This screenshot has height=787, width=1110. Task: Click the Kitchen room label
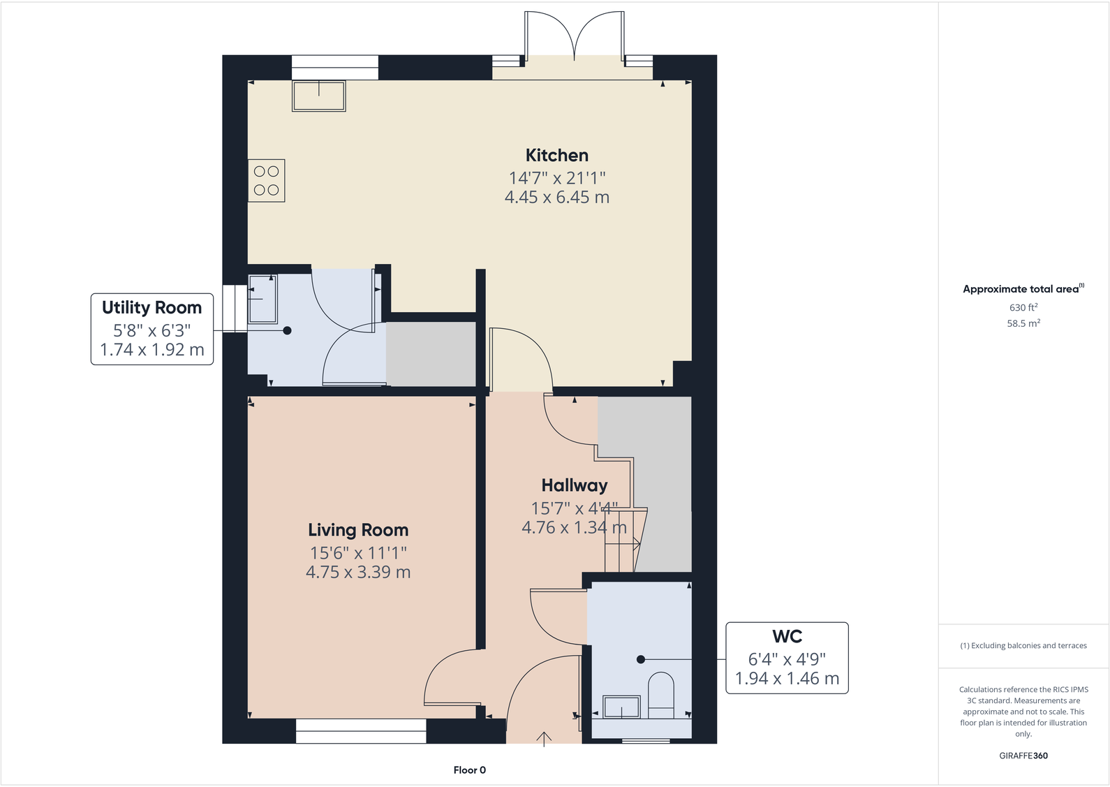click(x=556, y=155)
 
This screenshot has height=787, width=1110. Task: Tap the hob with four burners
click(x=266, y=180)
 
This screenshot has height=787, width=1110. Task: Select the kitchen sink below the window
click(x=319, y=96)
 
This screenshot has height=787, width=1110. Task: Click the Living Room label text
click(x=358, y=530)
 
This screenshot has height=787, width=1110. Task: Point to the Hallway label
click(x=574, y=485)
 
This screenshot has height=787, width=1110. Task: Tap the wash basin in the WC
click(x=621, y=707)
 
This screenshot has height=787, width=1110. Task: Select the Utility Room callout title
click(x=151, y=307)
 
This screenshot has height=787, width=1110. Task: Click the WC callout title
click(x=787, y=636)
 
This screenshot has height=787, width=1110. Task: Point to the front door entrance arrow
click(x=544, y=738)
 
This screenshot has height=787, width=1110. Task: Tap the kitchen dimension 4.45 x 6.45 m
click(x=556, y=198)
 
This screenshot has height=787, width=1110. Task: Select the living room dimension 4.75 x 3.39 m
click(x=358, y=573)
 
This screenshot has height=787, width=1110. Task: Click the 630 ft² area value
click(x=1023, y=307)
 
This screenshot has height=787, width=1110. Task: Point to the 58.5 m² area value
click(x=1023, y=323)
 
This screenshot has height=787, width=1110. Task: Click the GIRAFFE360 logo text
click(x=1023, y=756)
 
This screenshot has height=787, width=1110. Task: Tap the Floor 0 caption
click(x=469, y=770)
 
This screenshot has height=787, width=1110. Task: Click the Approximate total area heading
click(x=1021, y=289)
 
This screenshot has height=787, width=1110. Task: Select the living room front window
click(x=361, y=731)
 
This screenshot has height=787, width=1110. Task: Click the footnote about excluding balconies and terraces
click(x=1023, y=646)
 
